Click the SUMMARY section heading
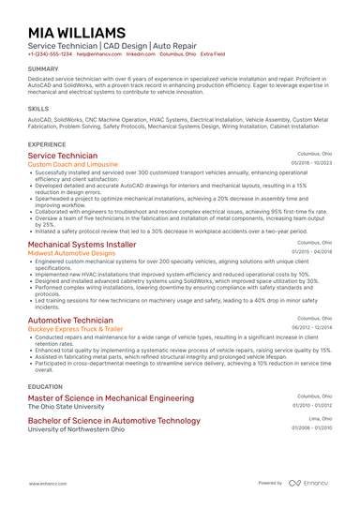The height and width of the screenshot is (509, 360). pyautogui.click(x=43, y=69)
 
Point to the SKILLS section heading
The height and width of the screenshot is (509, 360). pyautogui.click(x=38, y=109)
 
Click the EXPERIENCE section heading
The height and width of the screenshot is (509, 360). pyautogui.click(x=47, y=144)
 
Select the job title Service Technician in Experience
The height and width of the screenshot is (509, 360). pyautogui.click(x=62, y=156)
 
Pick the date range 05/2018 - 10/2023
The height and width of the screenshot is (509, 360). pyautogui.click(x=311, y=163)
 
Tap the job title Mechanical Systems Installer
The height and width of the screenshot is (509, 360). pyautogui.click(x=82, y=244)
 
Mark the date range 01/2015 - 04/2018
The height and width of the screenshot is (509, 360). pyautogui.click(x=312, y=252)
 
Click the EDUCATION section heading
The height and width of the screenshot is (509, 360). pyautogui.click(x=45, y=386)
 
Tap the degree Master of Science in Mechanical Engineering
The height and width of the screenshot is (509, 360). pyautogui.click(x=111, y=398)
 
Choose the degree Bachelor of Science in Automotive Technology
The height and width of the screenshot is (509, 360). pyautogui.click(x=114, y=421)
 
